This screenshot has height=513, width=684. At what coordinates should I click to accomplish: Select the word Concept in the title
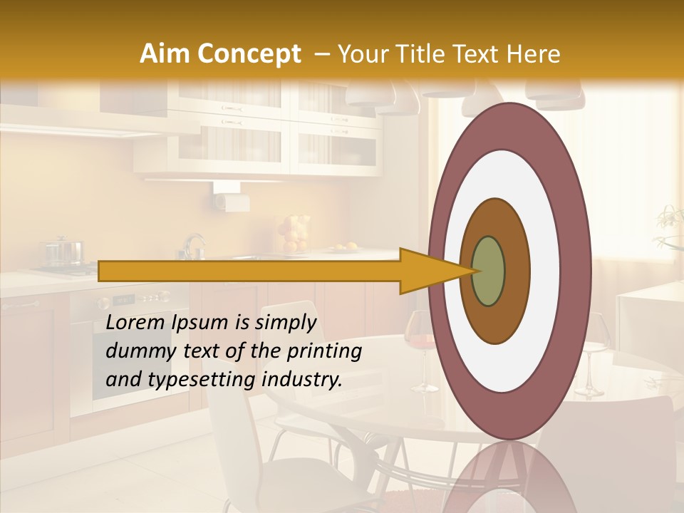pyautogui.click(x=249, y=54)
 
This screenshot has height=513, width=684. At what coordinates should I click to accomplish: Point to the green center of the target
pyautogui.click(x=489, y=271)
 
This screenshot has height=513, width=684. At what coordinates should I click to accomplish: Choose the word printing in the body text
pyautogui.click(x=324, y=351)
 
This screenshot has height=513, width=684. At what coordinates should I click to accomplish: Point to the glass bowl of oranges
pyautogui.click(x=292, y=234)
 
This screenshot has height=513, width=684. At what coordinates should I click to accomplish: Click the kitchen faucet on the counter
pyautogui.click(x=191, y=246)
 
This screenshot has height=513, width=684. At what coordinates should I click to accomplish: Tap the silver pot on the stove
pyautogui.click(x=64, y=252)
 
